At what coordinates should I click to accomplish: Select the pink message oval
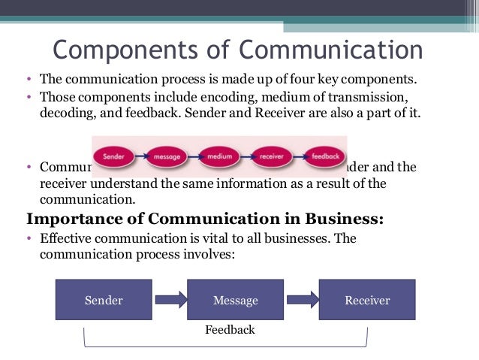[x=167, y=157]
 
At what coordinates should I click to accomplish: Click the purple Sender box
[x=104, y=300]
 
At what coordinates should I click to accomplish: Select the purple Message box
[x=235, y=300]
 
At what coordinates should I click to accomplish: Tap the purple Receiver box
[x=367, y=300]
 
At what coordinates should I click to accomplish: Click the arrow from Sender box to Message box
[x=169, y=300]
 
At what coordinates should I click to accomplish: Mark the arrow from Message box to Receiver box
[x=301, y=300]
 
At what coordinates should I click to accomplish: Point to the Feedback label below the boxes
[x=230, y=329]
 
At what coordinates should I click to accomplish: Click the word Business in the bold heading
[x=341, y=219]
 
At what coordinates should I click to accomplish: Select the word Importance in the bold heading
[x=72, y=219]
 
